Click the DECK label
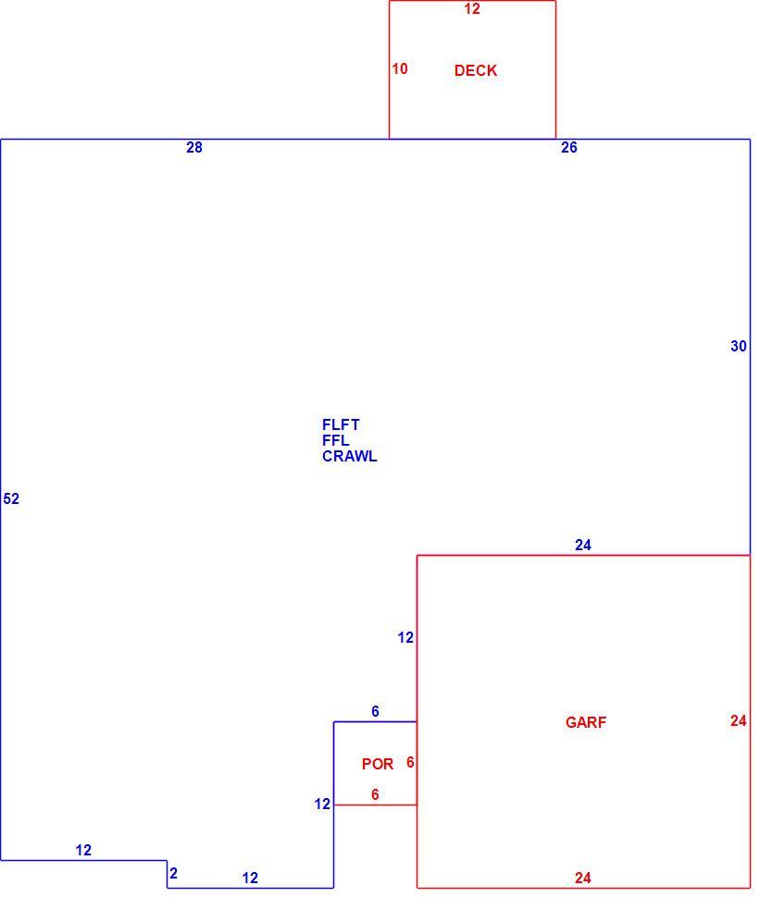coord(476,70)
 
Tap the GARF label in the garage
coord(585,722)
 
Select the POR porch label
coord(378,764)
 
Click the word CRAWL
coord(349,456)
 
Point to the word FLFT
coord(341,424)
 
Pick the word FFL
coord(336,440)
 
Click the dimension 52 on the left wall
coord(11,498)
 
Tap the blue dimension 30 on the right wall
coord(738,346)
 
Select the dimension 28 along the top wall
coord(194,148)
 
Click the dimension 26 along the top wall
coord(568,148)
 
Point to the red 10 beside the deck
coord(400,68)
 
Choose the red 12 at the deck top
coord(472,8)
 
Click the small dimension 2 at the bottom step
coord(173,874)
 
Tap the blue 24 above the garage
coord(582,546)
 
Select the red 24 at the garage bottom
coord(582,878)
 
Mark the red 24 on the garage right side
coord(738,720)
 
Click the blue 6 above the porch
coord(375,711)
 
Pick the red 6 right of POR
coord(410,762)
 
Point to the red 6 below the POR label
coord(375,794)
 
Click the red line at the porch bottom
coord(375,805)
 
